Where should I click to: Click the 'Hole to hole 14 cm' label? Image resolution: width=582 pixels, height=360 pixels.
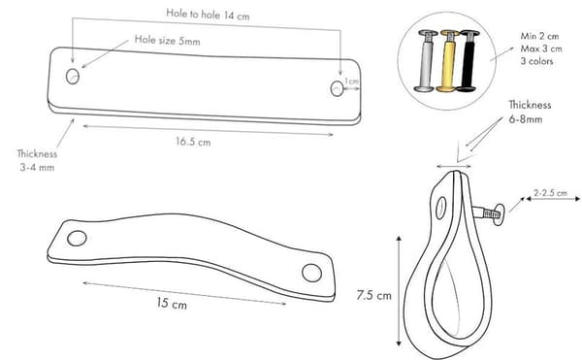coord(208,15)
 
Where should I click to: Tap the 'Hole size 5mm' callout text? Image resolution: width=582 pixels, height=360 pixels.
coord(168,40)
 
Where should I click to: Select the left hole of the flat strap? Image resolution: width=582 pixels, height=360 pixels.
coord(73,76)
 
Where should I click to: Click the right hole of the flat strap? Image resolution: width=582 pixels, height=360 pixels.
coord(337,88)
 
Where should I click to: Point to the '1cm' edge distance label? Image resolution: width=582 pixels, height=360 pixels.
coord(351,82)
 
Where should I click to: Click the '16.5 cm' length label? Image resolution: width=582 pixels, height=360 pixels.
coord(193,142)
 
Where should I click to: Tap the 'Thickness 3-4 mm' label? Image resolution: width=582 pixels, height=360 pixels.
coord(37,160)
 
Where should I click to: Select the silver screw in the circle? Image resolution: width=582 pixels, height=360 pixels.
coord(426,61)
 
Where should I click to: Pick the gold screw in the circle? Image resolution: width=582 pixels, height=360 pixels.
coord(448,61)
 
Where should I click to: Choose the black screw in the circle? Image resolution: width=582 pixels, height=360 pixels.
coord(469,61)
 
